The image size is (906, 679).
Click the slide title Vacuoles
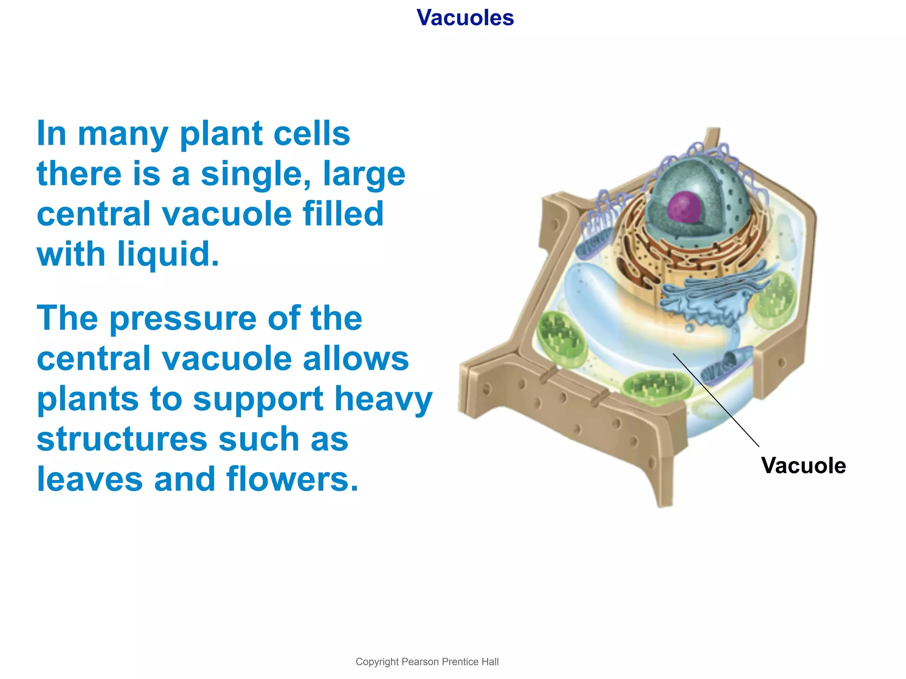pos(465,18)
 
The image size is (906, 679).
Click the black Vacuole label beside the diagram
pos(803,465)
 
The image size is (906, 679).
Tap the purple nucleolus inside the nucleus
pos(684,206)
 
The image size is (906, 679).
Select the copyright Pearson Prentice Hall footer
pos(427,662)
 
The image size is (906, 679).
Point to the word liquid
pos(168,255)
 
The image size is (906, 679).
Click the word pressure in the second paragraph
pos(183,318)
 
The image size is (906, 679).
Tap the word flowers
pos(292,479)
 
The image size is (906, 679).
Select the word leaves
pos(90,479)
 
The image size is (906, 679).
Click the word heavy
pos(383,399)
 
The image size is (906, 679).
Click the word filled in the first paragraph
pos(343,214)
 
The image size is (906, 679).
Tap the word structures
pos(122,439)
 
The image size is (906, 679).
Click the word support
pos(258,399)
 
